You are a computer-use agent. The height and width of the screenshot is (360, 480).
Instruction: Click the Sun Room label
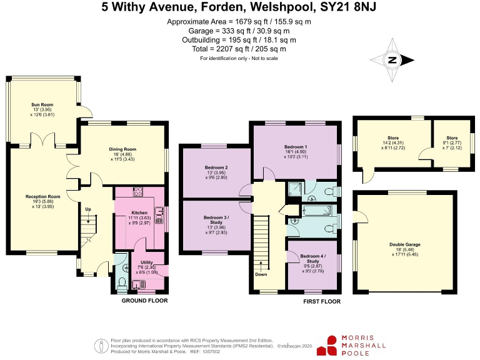[43, 104]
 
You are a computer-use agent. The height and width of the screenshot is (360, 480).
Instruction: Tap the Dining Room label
[122, 149]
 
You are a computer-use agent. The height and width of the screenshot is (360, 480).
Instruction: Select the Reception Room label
[42, 197]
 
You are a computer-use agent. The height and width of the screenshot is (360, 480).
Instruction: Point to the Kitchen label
[139, 213]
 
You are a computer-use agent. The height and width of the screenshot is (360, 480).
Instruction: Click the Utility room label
[147, 262]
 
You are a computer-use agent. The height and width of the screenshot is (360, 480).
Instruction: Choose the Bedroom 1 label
[297, 146]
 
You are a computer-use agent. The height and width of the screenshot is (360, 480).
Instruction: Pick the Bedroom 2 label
[216, 168]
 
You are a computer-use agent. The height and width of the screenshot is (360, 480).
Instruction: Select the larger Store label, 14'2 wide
[392, 138]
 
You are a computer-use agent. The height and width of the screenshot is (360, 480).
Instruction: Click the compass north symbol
[392, 61]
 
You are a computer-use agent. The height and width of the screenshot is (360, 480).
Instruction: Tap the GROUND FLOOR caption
[145, 301]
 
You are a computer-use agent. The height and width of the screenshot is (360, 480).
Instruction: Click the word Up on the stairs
[87, 208]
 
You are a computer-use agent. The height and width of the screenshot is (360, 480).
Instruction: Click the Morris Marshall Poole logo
[352, 345]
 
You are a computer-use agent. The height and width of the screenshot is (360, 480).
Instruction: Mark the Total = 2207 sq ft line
[239, 49]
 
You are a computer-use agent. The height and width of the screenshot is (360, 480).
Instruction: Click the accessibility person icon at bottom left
[99, 344]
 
